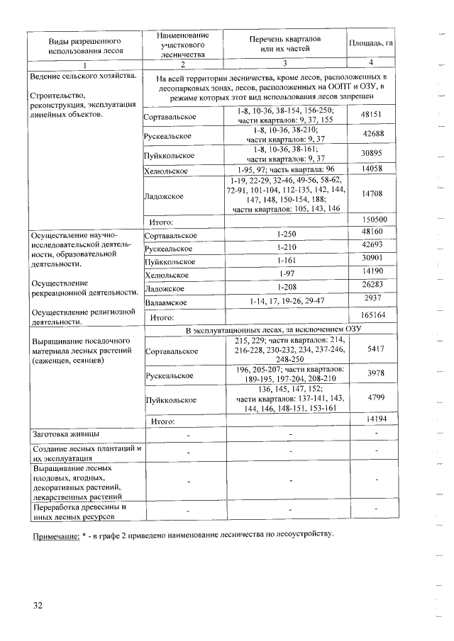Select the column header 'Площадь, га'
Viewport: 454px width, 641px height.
371,43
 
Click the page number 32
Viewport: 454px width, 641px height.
38,605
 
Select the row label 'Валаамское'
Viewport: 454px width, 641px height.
166,301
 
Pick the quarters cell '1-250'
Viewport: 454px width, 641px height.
286,234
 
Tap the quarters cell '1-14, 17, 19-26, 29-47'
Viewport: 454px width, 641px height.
286,301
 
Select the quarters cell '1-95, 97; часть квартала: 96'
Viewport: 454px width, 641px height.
286,169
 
